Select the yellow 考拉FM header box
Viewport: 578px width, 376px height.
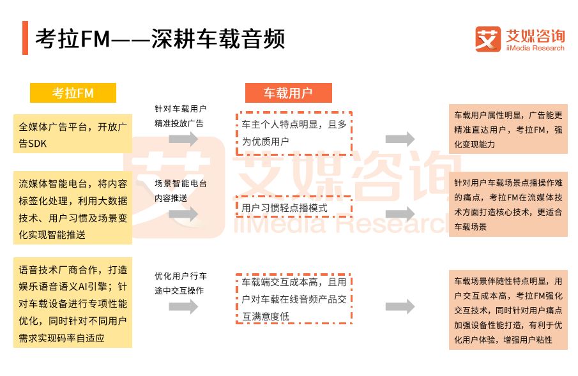coord(73,93)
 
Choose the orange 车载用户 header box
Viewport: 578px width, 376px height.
coord(288,93)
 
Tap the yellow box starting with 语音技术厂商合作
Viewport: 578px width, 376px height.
coord(72,303)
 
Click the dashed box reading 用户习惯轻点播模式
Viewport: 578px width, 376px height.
coord(293,207)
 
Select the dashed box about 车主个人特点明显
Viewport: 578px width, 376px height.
coord(293,133)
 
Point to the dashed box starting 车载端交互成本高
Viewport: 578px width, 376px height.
coord(293,299)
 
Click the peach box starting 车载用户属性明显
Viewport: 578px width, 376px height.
coord(508,130)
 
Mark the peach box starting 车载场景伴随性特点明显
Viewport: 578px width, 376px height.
coord(508,310)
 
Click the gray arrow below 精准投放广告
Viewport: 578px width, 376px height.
coord(183,139)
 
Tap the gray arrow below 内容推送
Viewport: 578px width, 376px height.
coord(183,214)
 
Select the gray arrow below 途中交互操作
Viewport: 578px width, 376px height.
coord(183,306)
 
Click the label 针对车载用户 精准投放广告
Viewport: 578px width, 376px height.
coord(180,116)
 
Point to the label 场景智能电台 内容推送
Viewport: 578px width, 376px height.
coord(180,190)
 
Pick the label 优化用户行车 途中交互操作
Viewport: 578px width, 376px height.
coord(180,283)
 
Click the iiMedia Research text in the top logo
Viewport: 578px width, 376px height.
coord(534,48)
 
